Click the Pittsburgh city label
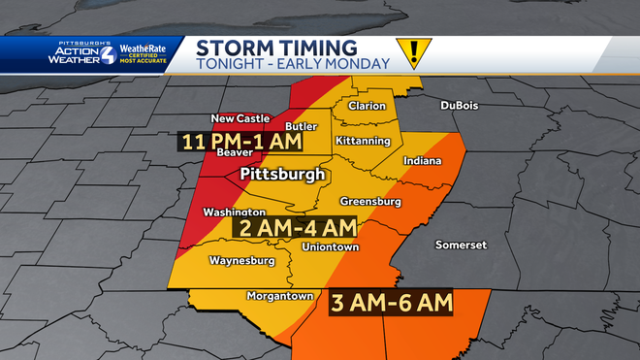(282, 175)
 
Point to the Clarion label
(368, 106)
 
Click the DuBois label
(460, 105)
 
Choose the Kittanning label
(363, 141)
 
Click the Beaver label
(235, 153)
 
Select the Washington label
(235, 213)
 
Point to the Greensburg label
(370, 202)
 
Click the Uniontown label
(330, 247)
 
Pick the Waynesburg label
(241, 260)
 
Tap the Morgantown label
(279, 296)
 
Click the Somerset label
(461, 245)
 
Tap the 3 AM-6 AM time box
(391, 303)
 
